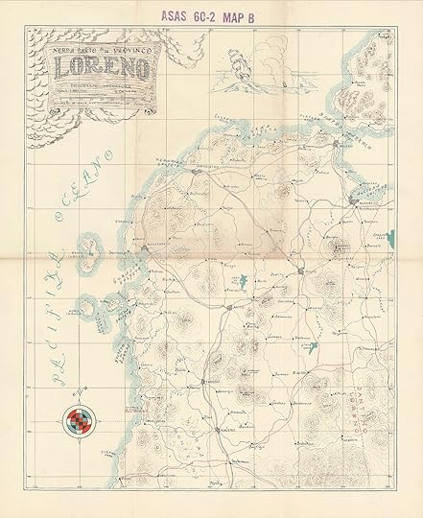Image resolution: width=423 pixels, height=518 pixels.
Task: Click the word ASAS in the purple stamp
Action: (180, 15)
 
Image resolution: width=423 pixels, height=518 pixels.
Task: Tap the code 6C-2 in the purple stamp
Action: (223, 15)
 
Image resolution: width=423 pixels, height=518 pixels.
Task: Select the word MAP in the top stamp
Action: (263, 15)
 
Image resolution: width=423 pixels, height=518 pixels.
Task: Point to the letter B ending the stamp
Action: (290, 15)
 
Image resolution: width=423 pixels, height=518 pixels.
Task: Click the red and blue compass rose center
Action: (80, 419)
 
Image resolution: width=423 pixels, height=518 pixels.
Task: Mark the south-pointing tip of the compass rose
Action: (80, 443)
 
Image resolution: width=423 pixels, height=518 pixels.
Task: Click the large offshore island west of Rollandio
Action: (91, 254)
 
